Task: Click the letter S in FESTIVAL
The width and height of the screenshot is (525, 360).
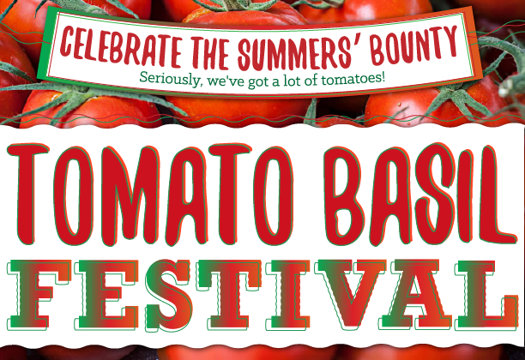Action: (x=168, y=295)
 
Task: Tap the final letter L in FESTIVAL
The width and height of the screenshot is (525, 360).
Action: (x=487, y=294)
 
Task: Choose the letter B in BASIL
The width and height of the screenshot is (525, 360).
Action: (x=345, y=195)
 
